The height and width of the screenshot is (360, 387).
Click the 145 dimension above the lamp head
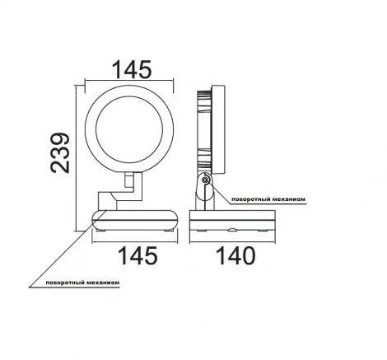(x=133, y=69)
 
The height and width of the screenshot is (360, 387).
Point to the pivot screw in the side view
(x=206, y=181)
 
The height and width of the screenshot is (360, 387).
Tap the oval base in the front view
(x=133, y=221)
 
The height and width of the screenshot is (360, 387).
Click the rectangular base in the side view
(x=231, y=222)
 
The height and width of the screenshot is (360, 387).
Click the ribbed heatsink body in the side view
(x=203, y=132)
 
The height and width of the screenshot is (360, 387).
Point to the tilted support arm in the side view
(x=201, y=195)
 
